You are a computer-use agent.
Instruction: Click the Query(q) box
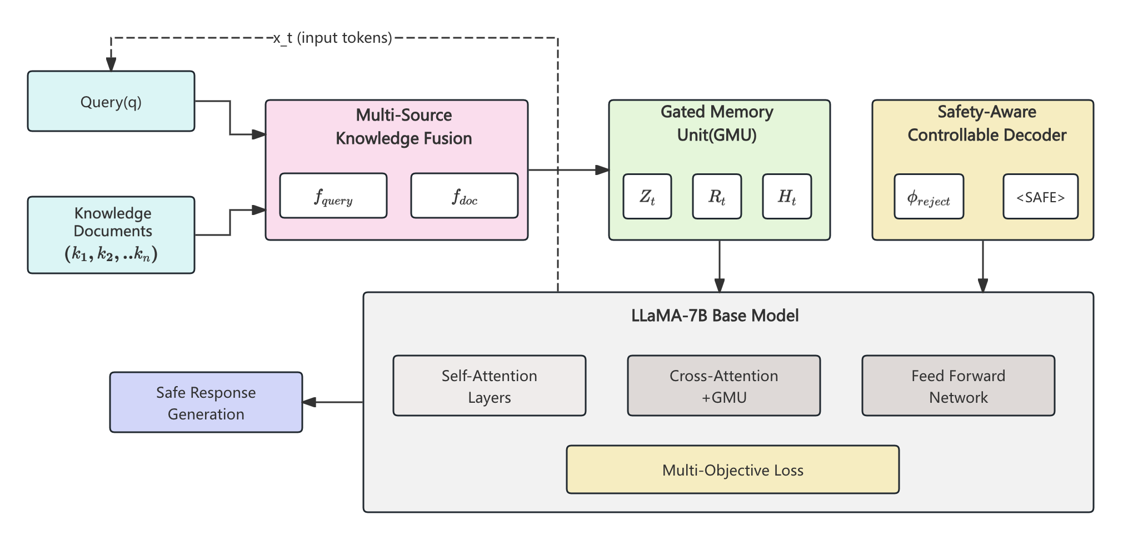tap(111, 102)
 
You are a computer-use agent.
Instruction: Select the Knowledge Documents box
tap(111, 234)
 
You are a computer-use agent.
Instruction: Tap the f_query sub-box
tap(333, 196)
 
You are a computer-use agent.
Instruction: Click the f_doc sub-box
tap(464, 196)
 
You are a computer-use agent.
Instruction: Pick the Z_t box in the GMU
tap(647, 197)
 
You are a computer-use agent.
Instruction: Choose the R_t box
tap(717, 197)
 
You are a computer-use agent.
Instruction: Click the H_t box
tap(787, 197)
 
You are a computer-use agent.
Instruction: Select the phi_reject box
tap(929, 197)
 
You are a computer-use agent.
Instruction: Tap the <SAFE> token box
tap(1040, 197)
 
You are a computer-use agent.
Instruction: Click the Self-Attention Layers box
tap(489, 386)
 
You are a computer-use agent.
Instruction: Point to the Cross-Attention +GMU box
tap(723, 386)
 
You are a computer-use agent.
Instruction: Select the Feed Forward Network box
tap(958, 386)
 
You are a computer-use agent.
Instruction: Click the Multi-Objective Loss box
tap(732, 469)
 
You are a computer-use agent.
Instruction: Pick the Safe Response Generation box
tap(206, 402)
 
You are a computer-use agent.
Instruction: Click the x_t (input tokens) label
tap(333, 38)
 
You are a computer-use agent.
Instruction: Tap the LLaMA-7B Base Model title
tap(715, 316)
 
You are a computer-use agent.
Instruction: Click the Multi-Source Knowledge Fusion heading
tap(403, 127)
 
